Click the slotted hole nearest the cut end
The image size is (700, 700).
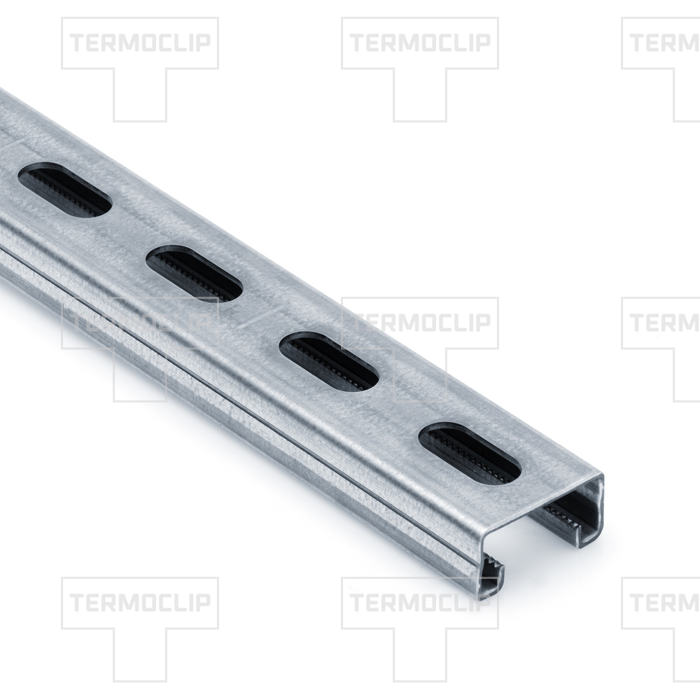tap(470, 454)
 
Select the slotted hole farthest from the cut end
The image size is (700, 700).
tap(64, 190)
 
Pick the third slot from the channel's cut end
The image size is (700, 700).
tap(195, 274)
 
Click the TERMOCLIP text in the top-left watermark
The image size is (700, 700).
tap(140, 43)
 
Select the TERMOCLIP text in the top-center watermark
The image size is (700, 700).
tap(420, 43)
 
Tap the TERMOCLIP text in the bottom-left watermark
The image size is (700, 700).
tap(140, 602)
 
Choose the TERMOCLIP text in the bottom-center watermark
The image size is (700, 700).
tap(420, 602)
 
